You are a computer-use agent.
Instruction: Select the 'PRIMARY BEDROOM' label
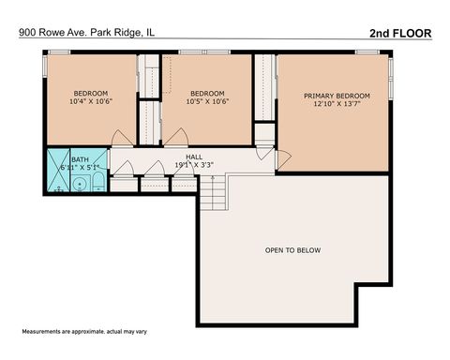336,96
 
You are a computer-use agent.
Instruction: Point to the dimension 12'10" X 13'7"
336,106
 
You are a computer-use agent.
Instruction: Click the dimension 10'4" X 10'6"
91,102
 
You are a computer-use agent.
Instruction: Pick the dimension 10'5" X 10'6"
207,102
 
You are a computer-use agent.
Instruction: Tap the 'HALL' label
194,157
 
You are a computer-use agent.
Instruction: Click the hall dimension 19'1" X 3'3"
194,165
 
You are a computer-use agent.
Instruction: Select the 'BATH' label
67,159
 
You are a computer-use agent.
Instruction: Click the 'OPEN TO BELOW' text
292,250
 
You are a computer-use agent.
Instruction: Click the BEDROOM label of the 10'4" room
91,93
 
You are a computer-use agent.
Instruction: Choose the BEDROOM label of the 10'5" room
207,93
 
